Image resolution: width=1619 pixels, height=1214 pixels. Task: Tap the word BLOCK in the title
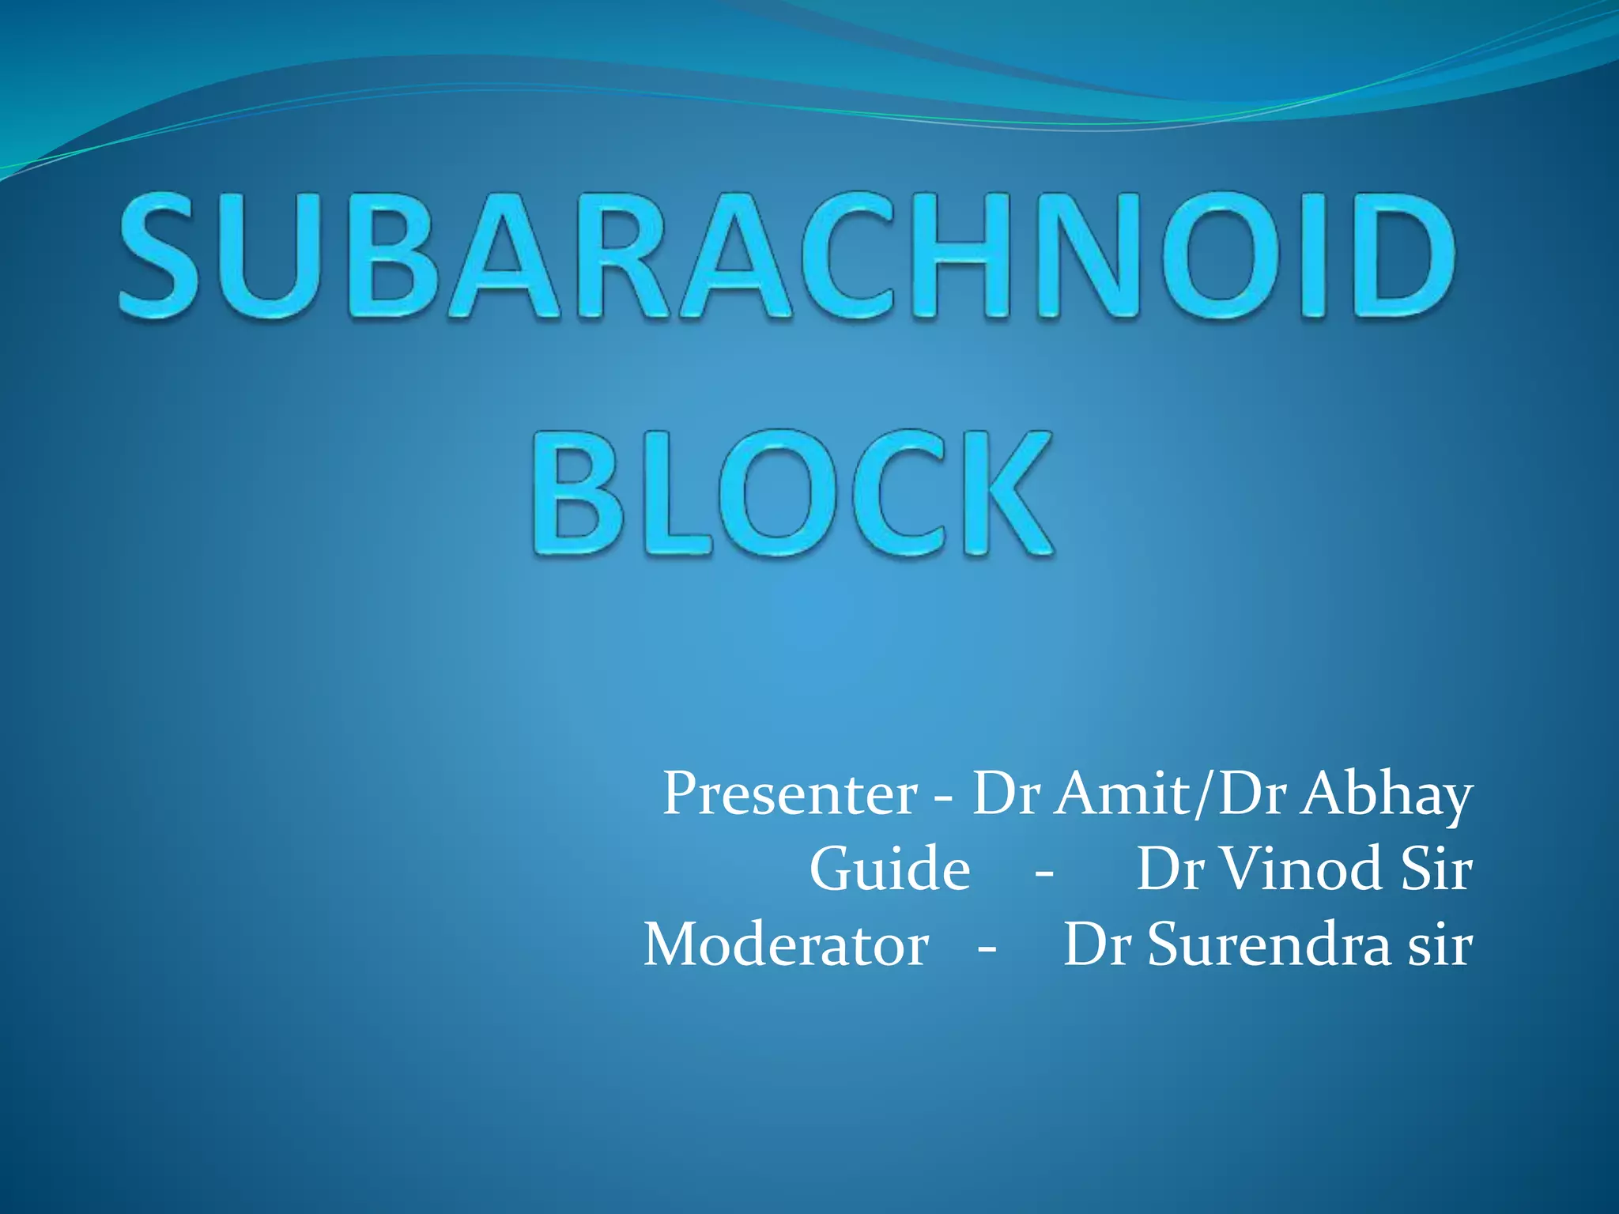point(793,494)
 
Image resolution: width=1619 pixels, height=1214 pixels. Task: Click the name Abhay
point(1387,794)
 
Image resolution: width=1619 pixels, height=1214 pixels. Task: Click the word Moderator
point(786,944)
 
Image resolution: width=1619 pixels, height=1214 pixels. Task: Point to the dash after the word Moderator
point(987,948)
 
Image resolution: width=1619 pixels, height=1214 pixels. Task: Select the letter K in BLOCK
point(1008,494)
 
